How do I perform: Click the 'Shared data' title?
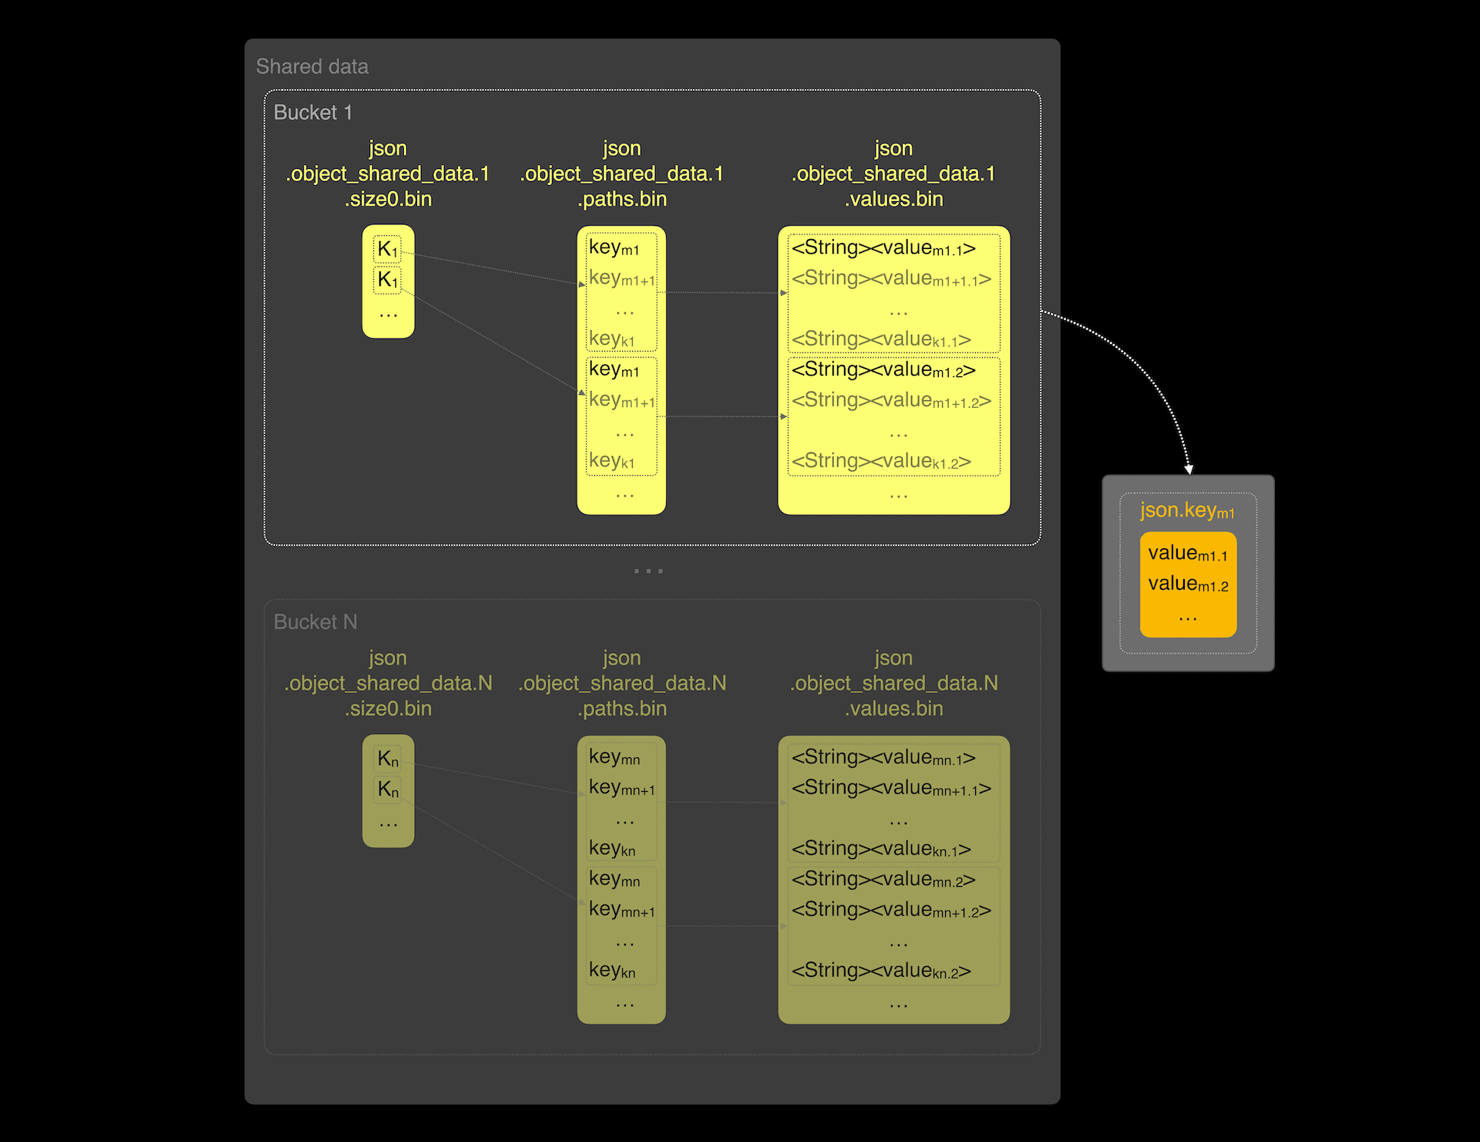click(x=312, y=67)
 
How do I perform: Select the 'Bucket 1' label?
click(x=313, y=113)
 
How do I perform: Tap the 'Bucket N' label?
click(x=315, y=622)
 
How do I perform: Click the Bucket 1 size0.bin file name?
click(x=388, y=173)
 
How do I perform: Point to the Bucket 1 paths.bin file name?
click(x=622, y=173)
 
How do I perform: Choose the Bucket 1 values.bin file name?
click(x=893, y=173)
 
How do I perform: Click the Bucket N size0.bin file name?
click(x=388, y=683)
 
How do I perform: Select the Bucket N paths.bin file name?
click(x=622, y=683)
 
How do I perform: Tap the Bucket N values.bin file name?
click(x=893, y=683)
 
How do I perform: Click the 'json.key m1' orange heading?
click(x=1187, y=510)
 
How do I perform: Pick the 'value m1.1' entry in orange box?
click(x=1188, y=554)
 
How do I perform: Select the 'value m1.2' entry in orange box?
click(x=1188, y=584)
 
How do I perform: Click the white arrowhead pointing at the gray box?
click(x=1189, y=469)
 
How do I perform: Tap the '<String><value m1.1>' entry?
click(x=883, y=248)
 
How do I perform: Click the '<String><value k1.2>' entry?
click(x=881, y=461)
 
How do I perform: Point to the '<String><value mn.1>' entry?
click(x=883, y=758)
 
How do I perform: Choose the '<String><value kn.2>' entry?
click(x=881, y=971)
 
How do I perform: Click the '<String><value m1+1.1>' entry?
click(x=891, y=278)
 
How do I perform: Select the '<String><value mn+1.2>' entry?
click(x=891, y=910)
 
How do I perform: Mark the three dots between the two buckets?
click(x=648, y=571)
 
